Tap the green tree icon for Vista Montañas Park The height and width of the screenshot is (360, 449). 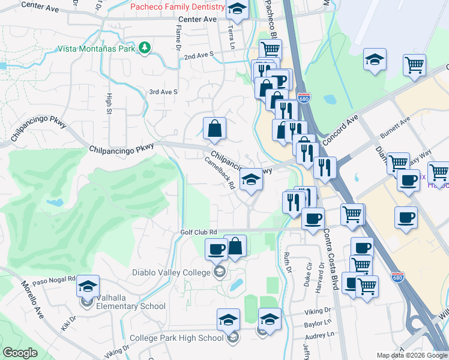145,47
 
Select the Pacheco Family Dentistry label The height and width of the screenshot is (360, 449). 178,7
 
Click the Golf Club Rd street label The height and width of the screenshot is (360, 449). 198,232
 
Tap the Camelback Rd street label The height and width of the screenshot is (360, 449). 219,173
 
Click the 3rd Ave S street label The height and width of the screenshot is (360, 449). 163,92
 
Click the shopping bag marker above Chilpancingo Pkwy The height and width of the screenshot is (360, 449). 214,128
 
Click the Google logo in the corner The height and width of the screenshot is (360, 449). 20,353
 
